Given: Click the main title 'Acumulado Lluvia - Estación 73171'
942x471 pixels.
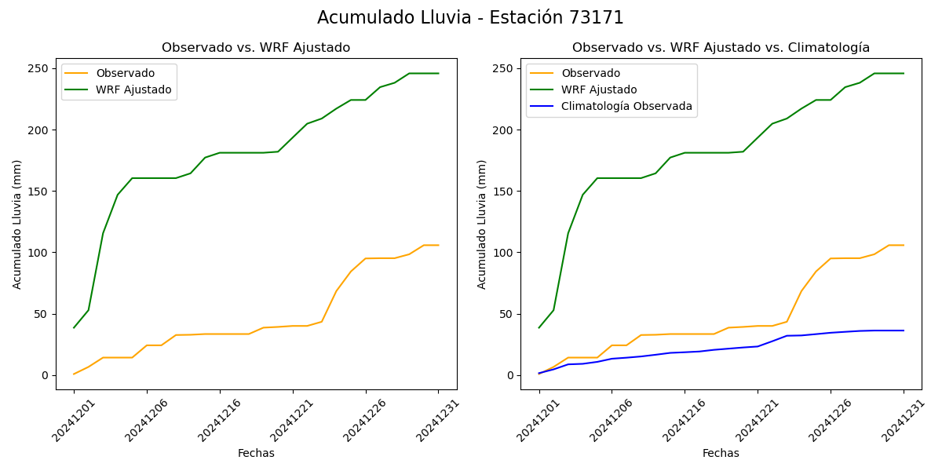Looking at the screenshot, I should click(470, 18).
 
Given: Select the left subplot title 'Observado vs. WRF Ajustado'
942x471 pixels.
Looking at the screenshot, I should click(256, 48).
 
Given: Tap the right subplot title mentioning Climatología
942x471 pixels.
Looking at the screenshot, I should click(721, 48).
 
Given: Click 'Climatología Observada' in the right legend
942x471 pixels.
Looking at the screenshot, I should click(626, 107).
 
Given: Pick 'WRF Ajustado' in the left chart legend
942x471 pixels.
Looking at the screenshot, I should click(133, 89).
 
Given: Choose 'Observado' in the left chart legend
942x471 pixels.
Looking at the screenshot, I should click(126, 73).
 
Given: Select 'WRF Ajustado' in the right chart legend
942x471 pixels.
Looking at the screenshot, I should click(599, 89).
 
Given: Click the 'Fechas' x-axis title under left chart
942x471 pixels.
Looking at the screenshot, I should click(256, 453).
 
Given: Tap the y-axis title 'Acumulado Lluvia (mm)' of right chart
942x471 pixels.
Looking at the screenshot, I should click(482, 225).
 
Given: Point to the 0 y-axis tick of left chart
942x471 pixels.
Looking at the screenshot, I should click(46, 375).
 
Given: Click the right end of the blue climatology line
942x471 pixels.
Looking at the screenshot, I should click(904, 330).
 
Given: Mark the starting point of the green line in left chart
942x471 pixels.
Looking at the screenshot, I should click(74, 327).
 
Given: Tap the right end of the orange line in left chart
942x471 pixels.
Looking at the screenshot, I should click(439, 245).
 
